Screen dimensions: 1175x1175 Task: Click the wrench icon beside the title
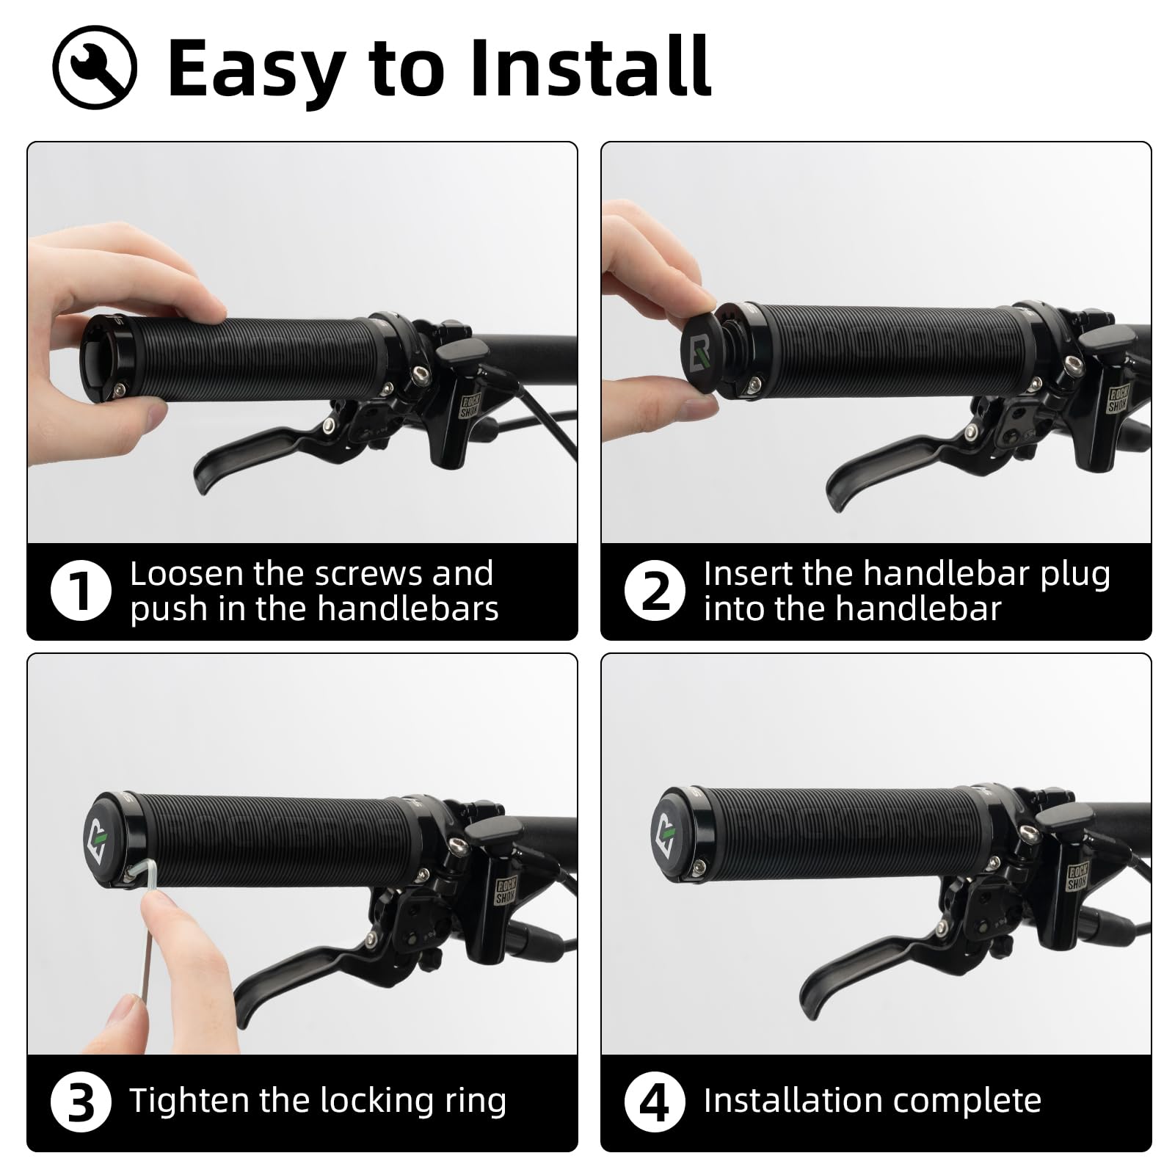pyautogui.click(x=95, y=67)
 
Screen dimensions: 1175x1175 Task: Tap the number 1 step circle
pyautogui.click(x=81, y=591)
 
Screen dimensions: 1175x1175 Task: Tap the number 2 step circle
pyautogui.click(x=655, y=591)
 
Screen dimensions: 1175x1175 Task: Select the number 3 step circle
pyautogui.click(x=81, y=1102)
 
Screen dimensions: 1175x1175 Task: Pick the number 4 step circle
pyautogui.click(x=655, y=1102)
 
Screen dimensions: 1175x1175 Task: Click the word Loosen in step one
pyautogui.click(x=186, y=574)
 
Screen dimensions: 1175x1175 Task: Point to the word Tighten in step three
pyautogui.click(x=189, y=1102)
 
